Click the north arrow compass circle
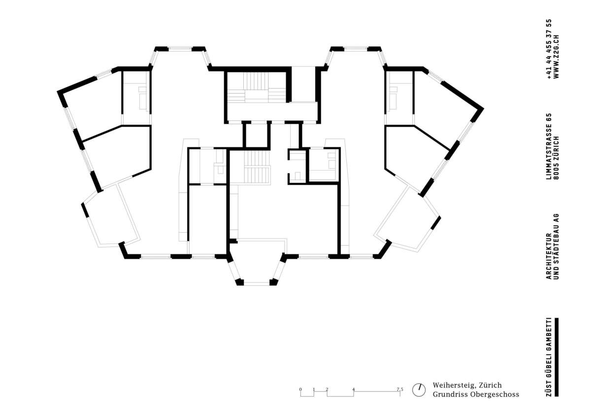419,390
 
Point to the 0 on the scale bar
300,389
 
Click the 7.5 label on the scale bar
400,389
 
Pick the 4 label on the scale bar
354,389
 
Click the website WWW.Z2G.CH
556,57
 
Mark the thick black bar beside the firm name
557,357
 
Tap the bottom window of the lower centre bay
257,284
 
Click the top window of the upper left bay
180,49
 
